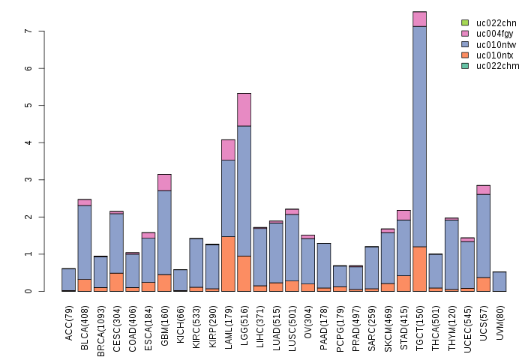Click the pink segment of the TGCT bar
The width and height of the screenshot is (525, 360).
[419, 19]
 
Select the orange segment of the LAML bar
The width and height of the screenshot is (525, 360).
[228, 263]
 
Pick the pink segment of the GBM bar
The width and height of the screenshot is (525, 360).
[164, 182]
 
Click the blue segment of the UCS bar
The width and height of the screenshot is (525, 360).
[483, 235]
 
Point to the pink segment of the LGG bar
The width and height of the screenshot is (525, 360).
[244, 109]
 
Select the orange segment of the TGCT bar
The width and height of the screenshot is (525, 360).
[419, 268]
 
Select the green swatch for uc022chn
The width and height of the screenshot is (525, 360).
[465, 23]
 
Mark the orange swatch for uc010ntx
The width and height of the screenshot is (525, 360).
[465, 55]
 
